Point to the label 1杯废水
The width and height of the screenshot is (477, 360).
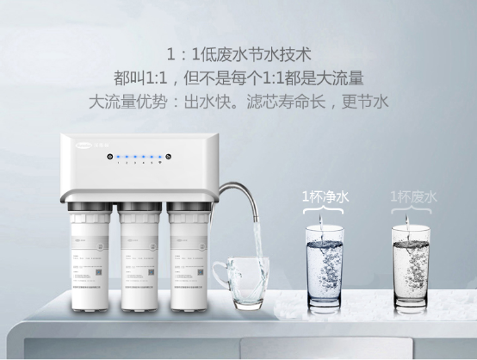pyautogui.click(x=413, y=196)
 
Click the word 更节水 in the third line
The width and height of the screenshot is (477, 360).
pyautogui.click(x=365, y=101)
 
